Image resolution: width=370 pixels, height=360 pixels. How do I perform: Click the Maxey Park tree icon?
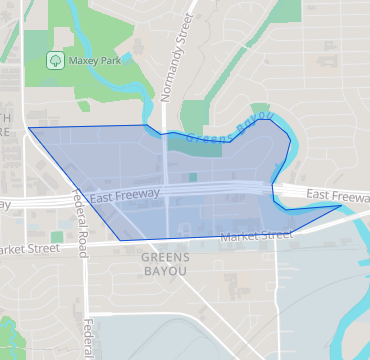point(54,60)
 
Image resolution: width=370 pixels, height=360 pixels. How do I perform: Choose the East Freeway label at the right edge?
point(338,193)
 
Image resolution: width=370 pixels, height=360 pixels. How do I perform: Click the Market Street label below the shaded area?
point(256,237)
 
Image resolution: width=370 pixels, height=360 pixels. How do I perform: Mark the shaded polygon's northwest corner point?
point(28,128)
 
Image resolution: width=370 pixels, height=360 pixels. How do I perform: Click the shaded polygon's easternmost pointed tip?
point(341,207)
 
